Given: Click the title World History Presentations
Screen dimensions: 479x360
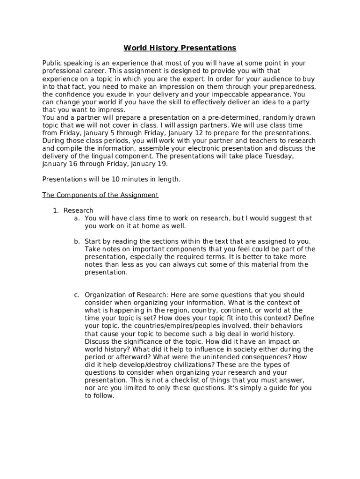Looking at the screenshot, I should [x=180, y=48].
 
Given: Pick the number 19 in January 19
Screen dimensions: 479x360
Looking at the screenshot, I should [x=162, y=165].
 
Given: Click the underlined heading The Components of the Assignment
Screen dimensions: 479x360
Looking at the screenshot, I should [x=100, y=195].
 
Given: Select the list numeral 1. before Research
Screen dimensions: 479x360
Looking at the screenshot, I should [x=56, y=210].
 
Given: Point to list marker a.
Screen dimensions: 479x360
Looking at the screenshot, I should [x=77, y=218].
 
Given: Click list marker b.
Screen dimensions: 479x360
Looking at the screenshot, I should [x=77, y=241].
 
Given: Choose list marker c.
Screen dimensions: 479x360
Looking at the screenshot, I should [x=77, y=295].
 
